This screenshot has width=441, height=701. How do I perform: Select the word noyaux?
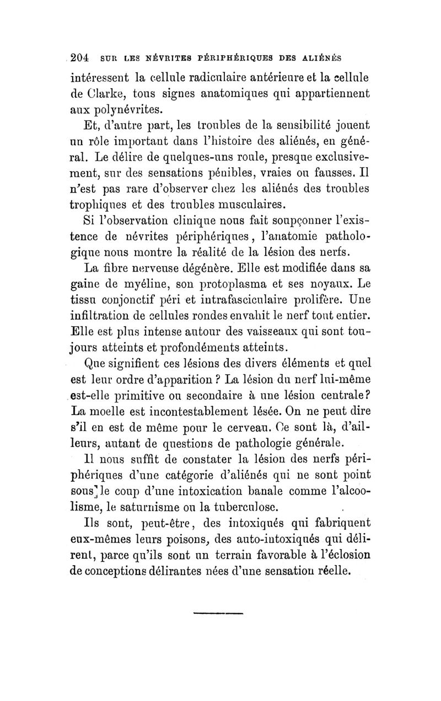click(330, 286)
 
